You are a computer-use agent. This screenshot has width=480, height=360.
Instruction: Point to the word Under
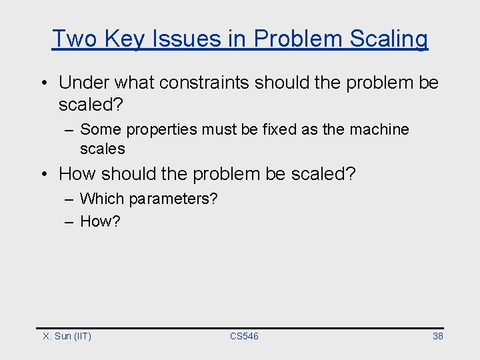click(83, 83)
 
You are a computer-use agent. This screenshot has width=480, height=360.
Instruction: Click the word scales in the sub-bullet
click(102, 148)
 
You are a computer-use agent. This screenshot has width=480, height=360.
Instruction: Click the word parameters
click(173, 199)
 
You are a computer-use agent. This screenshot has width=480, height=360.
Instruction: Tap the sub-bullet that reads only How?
click(100, 221)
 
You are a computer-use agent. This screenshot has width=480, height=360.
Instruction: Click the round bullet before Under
click(42, 83)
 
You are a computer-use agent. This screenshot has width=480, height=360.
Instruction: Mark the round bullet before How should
click(42, 175)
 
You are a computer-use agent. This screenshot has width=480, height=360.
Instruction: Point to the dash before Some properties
click(69, 130)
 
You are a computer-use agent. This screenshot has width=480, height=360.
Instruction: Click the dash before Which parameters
click(69, 199)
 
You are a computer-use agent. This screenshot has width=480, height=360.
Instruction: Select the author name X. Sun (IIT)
click(67, 336)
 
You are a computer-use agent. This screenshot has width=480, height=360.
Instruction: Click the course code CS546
click(244, 336)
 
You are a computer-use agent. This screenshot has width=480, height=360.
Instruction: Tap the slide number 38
click(437, 336)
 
